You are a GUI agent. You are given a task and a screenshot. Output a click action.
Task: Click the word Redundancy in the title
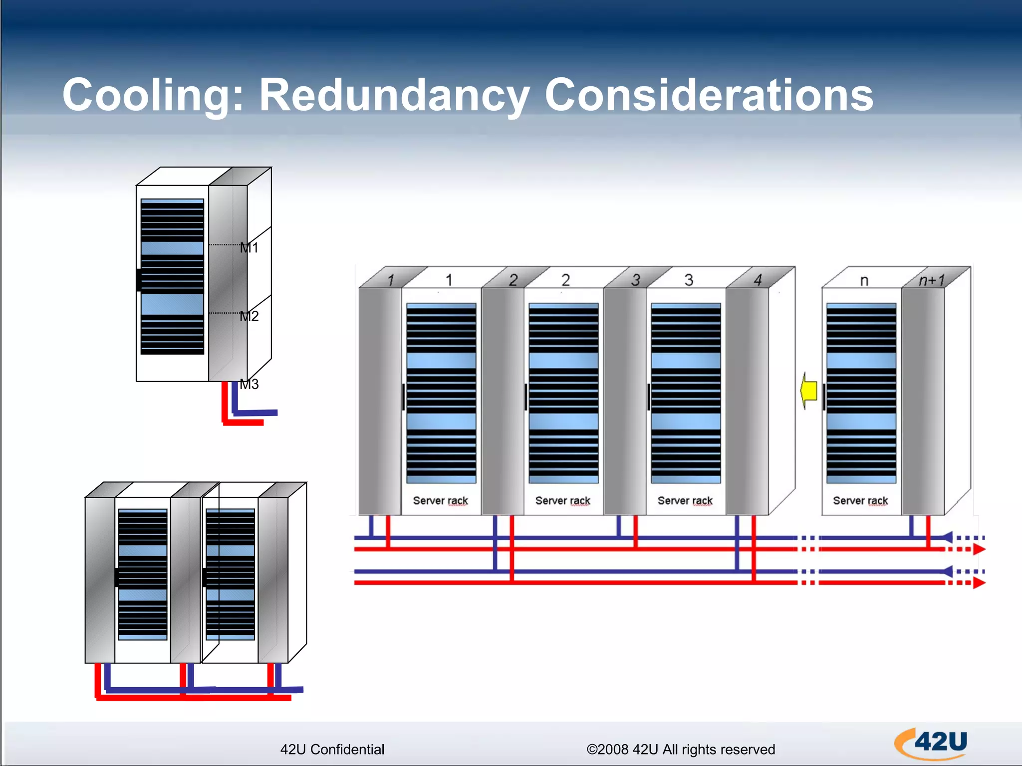tap(394, 96)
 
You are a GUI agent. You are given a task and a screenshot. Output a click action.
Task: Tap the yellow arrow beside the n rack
tap(808, 391)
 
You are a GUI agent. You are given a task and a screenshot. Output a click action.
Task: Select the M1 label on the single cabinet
tap(249, 248)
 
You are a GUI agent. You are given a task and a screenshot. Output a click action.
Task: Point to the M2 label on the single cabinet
tap(249, 316)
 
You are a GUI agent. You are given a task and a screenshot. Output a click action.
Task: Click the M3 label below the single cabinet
tap(249, 384)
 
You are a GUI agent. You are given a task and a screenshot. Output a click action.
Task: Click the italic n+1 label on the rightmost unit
tap(931, 280)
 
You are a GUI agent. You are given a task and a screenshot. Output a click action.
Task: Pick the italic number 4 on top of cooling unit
tap(758, 280)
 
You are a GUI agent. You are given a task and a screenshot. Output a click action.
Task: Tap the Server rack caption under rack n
tap(860, 501)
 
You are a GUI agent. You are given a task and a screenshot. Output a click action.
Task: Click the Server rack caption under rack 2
tap(562, 501)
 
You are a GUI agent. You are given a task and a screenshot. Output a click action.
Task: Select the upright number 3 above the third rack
tap(689, 280)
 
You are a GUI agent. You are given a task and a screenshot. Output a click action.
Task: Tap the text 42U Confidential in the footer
tap(332, 750)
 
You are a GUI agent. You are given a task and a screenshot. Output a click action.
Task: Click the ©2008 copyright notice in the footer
tap(680, 750)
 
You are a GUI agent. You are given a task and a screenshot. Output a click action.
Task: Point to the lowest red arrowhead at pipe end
tap(979, 582)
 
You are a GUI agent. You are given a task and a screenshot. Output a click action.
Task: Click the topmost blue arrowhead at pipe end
tap(947, 538)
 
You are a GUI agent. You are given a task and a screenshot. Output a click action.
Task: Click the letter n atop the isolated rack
tap(864, 281)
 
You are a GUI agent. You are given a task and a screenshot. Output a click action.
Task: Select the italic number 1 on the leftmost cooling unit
tap(391, 280)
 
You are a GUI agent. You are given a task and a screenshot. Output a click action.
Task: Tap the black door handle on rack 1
tap(403, 397)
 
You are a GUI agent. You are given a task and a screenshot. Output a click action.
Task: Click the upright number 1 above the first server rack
tap(449, 280)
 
